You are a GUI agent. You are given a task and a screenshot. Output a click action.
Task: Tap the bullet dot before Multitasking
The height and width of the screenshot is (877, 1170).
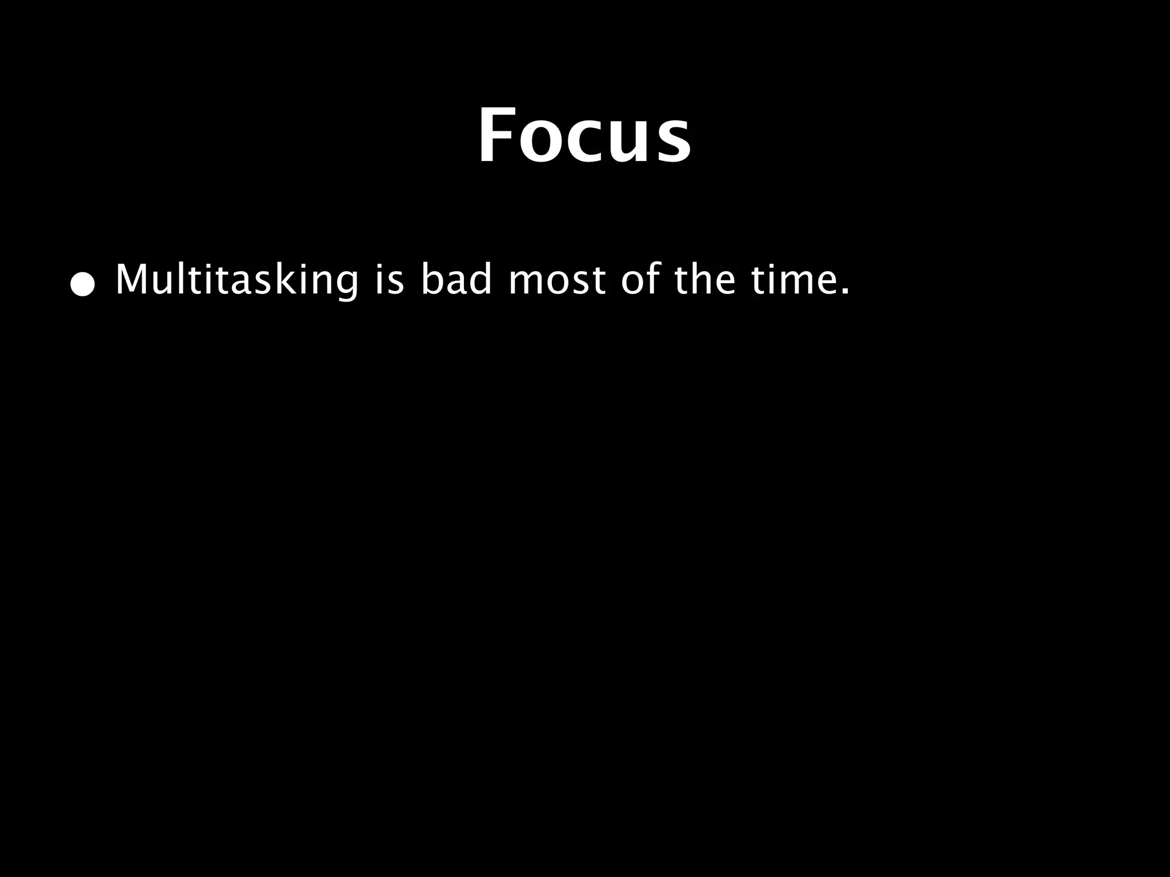82,285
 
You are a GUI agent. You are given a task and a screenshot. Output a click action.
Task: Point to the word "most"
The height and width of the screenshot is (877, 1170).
557,281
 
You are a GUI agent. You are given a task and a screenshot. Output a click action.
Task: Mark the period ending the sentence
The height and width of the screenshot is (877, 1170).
845,293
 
